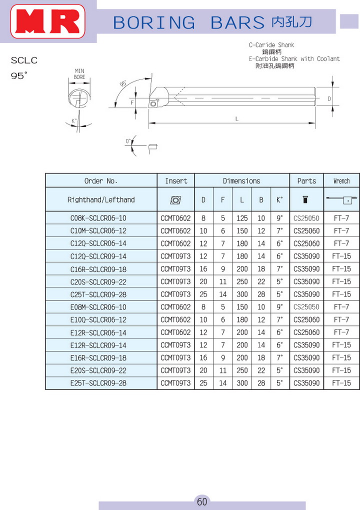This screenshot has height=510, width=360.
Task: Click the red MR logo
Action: tap(48, 21)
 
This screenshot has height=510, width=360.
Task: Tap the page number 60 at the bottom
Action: tap(202, 501)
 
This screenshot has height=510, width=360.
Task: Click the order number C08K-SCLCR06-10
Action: tap(98, 218)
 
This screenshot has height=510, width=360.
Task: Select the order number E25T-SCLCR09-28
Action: tap(98, 383)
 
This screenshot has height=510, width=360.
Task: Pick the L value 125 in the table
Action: tap(242, 218)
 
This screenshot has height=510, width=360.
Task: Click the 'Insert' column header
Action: tap(176, 181)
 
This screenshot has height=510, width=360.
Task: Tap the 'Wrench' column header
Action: tap(341, 181)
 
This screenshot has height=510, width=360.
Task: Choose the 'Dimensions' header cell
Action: tap(241, 181)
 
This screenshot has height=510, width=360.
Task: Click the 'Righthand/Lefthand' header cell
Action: tap(101, 199)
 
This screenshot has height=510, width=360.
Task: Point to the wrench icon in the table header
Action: tap(342, 199)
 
